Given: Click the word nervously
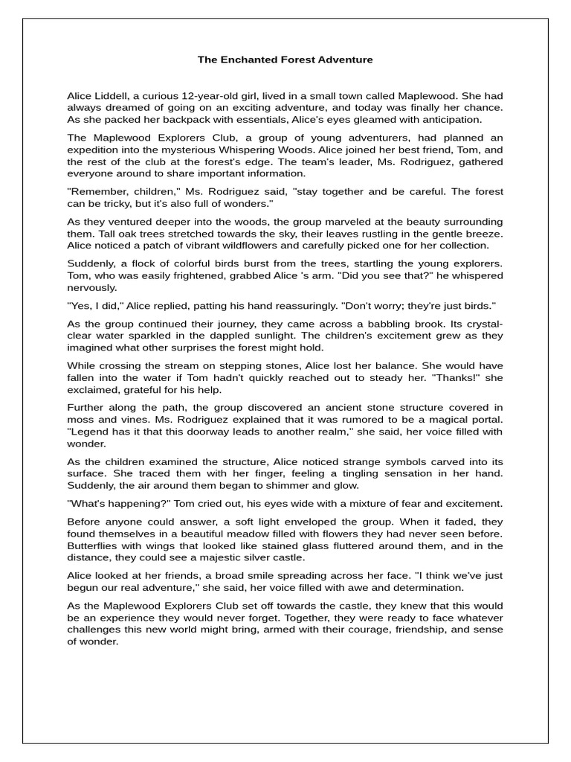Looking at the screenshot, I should [92, 287].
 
